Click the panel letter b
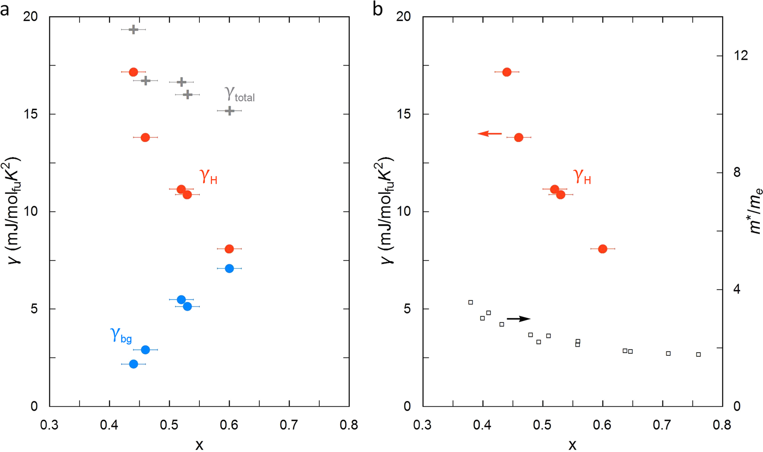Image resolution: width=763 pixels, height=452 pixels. (x=378, y=9)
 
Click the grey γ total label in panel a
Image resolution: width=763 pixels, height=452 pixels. (x=239, y=94)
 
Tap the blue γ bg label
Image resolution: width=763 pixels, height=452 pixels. (x=120, y=335)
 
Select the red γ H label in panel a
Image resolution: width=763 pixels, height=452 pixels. (x=208, y=177)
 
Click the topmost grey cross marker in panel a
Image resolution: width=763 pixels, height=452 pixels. (x=133, y=29)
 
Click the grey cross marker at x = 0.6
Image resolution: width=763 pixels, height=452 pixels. (x=229, y=111)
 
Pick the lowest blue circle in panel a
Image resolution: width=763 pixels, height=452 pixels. (x=133, y=364)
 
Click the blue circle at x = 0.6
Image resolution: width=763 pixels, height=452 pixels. (x=229, y=268)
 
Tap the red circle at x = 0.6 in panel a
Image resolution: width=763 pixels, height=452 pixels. (x=229, y=249)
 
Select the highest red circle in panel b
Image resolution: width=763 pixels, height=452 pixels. (x=507, y=72)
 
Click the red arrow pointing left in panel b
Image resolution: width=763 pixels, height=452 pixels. (x=490, y=133)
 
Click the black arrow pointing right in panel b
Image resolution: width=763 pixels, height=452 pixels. (x=519, y=319)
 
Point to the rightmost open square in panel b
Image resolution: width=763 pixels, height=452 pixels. (x=698, y=355)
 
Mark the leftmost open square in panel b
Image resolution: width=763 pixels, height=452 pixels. (x=471, y=302)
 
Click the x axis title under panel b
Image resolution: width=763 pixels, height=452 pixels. (x=572, y=445)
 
